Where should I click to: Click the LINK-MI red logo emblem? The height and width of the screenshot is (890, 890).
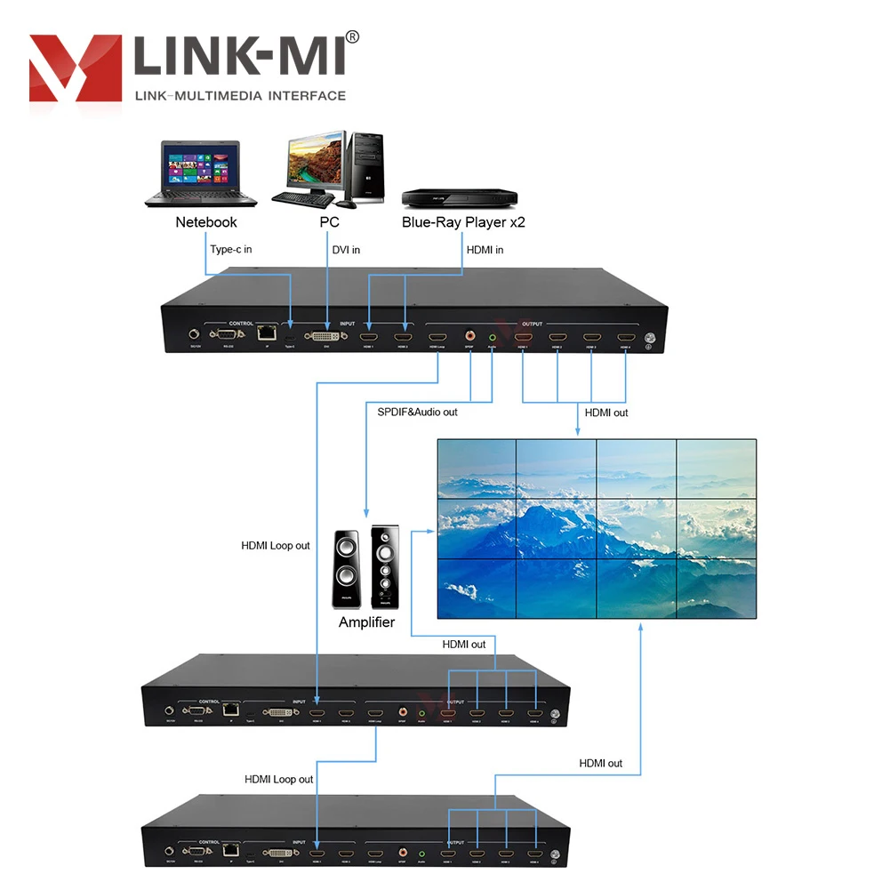76,69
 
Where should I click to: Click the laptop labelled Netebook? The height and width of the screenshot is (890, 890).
192,173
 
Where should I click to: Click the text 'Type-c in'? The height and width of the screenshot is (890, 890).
231,250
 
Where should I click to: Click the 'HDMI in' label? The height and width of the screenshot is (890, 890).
485,250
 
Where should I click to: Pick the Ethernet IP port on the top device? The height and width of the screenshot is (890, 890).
264,333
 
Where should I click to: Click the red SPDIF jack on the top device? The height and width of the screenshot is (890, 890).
469,336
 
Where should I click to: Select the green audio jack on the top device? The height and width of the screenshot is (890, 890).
492,336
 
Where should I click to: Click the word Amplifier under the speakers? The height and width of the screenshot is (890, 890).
366,622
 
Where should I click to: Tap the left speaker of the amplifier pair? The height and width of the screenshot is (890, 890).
348,570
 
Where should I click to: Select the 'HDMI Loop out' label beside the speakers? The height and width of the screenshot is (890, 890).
276,546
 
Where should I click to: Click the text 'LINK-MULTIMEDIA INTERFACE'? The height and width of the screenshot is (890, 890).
239,95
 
